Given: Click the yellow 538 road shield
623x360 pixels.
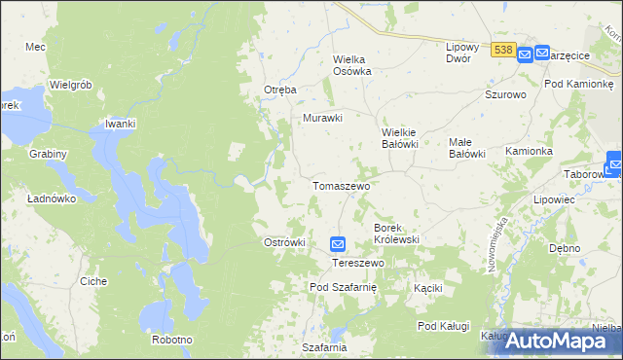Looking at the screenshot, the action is (502, 50).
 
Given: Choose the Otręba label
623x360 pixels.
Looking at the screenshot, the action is (279, 90).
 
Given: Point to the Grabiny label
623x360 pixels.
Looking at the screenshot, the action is (48, 154).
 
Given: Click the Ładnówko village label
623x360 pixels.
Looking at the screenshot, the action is (53, 198).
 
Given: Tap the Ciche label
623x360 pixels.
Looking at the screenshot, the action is (93, 281).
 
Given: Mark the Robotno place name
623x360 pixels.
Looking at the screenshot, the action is (171, 340).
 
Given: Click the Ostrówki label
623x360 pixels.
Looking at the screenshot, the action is (285, 242).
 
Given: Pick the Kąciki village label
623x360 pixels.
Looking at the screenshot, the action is (427, 288).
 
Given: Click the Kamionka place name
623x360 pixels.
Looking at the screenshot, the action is (529, 152).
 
